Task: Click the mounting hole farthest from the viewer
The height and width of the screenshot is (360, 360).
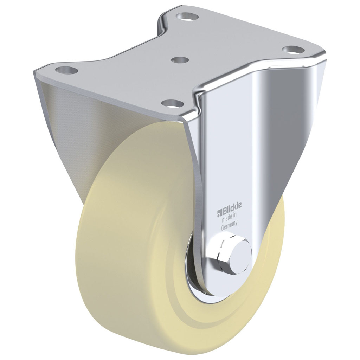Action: [186, 16]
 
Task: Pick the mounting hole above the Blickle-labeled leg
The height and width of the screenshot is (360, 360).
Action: [291, 49]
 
